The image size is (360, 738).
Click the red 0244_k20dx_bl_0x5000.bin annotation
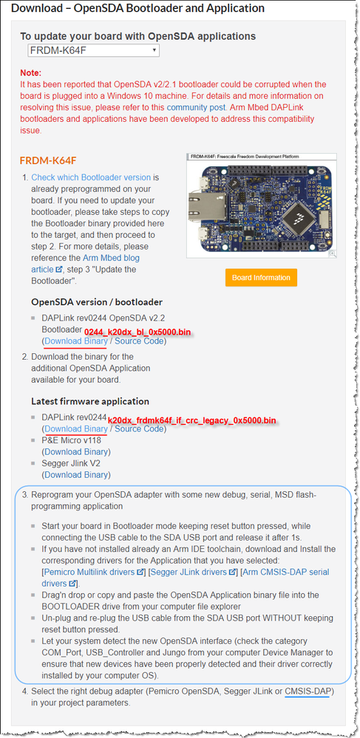(x=137, y=332)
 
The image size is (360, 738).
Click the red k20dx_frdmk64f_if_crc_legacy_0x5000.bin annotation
(x=192, y=420)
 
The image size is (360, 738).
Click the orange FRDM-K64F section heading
(x=48, y=160)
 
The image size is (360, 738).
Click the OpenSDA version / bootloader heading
(x=97, y=301)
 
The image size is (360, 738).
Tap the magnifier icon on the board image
(x=332, y=253)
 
